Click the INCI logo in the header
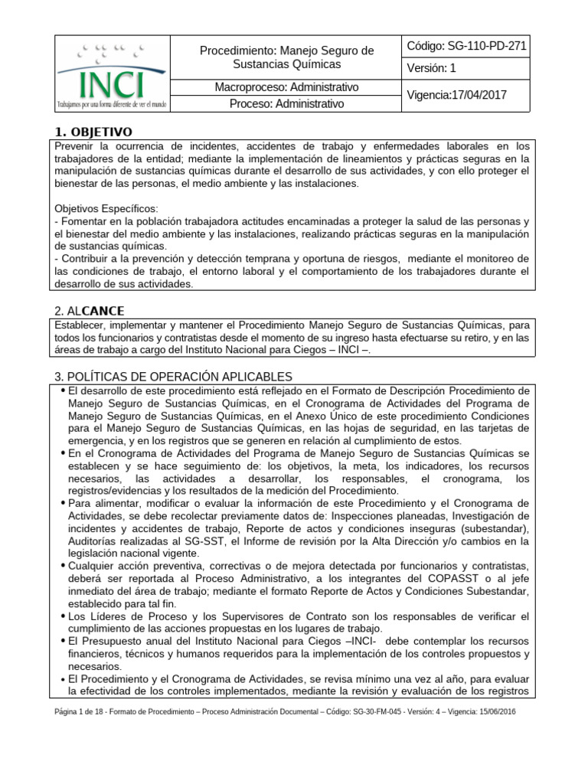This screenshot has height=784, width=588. [113, 73]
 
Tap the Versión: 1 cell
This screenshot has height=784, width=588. [432, 68]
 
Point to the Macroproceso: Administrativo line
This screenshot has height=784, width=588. [286, 87]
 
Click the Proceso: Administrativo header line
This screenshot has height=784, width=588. [286, 103]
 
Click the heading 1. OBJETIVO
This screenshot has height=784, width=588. [93, 132]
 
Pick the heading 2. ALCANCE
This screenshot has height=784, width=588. [90, 310]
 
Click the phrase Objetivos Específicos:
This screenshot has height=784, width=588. [106, 208]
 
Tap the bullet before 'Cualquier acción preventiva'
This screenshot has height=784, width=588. [61, 565]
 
